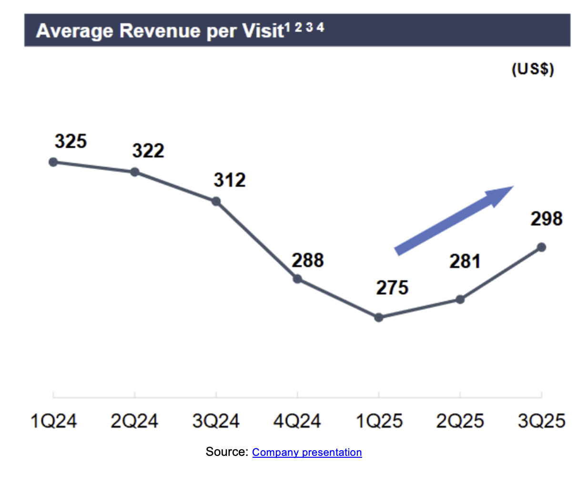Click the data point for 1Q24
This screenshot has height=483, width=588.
click(53, 162)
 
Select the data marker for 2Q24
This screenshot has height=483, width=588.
click(135, 171)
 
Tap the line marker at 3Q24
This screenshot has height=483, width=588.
click(216, 201)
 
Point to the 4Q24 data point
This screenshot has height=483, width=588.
click(297, 279)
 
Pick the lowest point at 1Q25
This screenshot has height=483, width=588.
click(379, 317)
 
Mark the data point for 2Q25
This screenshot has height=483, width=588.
click(460, 300)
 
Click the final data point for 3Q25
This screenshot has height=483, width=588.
click(541, 247)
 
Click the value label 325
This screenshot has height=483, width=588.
click(71, 141)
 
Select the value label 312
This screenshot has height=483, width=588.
click(230, 180)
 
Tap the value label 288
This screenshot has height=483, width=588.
click(308, 261)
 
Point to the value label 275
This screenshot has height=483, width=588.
click(392, 288)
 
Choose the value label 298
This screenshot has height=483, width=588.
click(547, 219)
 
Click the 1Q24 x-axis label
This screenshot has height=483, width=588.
click(53, 421)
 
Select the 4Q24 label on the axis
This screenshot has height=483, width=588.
click(297, 421)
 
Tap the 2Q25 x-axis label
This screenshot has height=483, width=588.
click(460, 421)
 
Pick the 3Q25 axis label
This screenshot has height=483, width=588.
click(541, 421)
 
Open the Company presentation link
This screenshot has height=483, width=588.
click(307, 452)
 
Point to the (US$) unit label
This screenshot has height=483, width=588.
click(533, 69)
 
